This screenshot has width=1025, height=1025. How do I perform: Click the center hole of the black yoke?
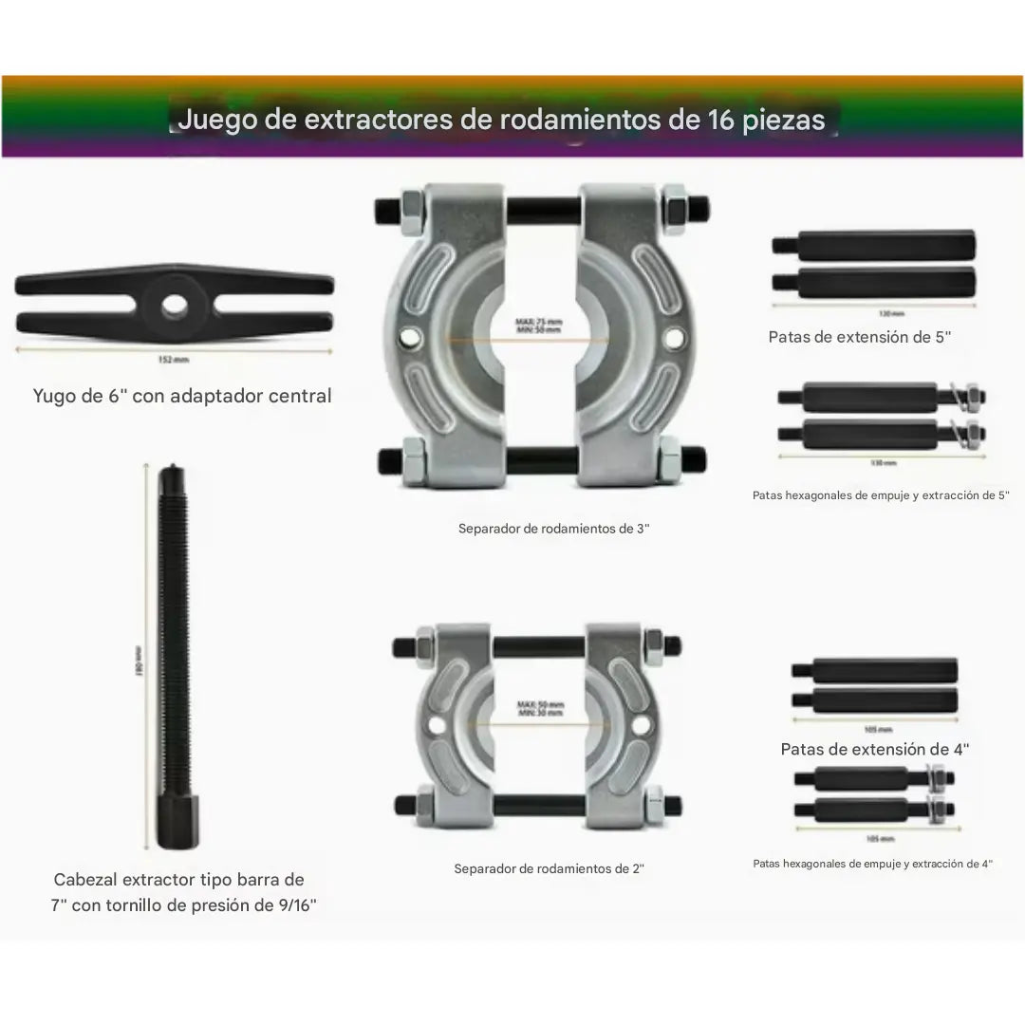[174, 306]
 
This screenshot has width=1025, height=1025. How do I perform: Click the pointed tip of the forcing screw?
[171, 469]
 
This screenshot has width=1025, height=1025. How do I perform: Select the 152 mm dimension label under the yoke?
[175, 360]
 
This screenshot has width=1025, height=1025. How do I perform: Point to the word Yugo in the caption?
[55, 396]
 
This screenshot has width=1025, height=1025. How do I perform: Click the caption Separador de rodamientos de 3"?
[553, 529]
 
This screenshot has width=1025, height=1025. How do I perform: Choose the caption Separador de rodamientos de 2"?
[549, 868]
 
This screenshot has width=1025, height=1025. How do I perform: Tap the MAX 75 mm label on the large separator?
[538, 321]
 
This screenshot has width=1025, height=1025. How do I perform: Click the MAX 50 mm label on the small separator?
[540, 705]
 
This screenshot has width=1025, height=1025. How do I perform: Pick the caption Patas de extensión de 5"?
[859, 337]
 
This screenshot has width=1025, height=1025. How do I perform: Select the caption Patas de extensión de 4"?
[875, 749]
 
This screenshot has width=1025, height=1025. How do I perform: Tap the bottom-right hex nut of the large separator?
[670, 461]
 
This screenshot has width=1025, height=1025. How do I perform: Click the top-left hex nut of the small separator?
[423, 645]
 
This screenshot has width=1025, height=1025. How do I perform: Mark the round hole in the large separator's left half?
[410, 336]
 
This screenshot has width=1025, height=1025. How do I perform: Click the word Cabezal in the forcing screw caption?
[88, 880]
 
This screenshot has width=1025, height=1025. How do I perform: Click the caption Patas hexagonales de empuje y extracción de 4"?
[872, 864]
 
